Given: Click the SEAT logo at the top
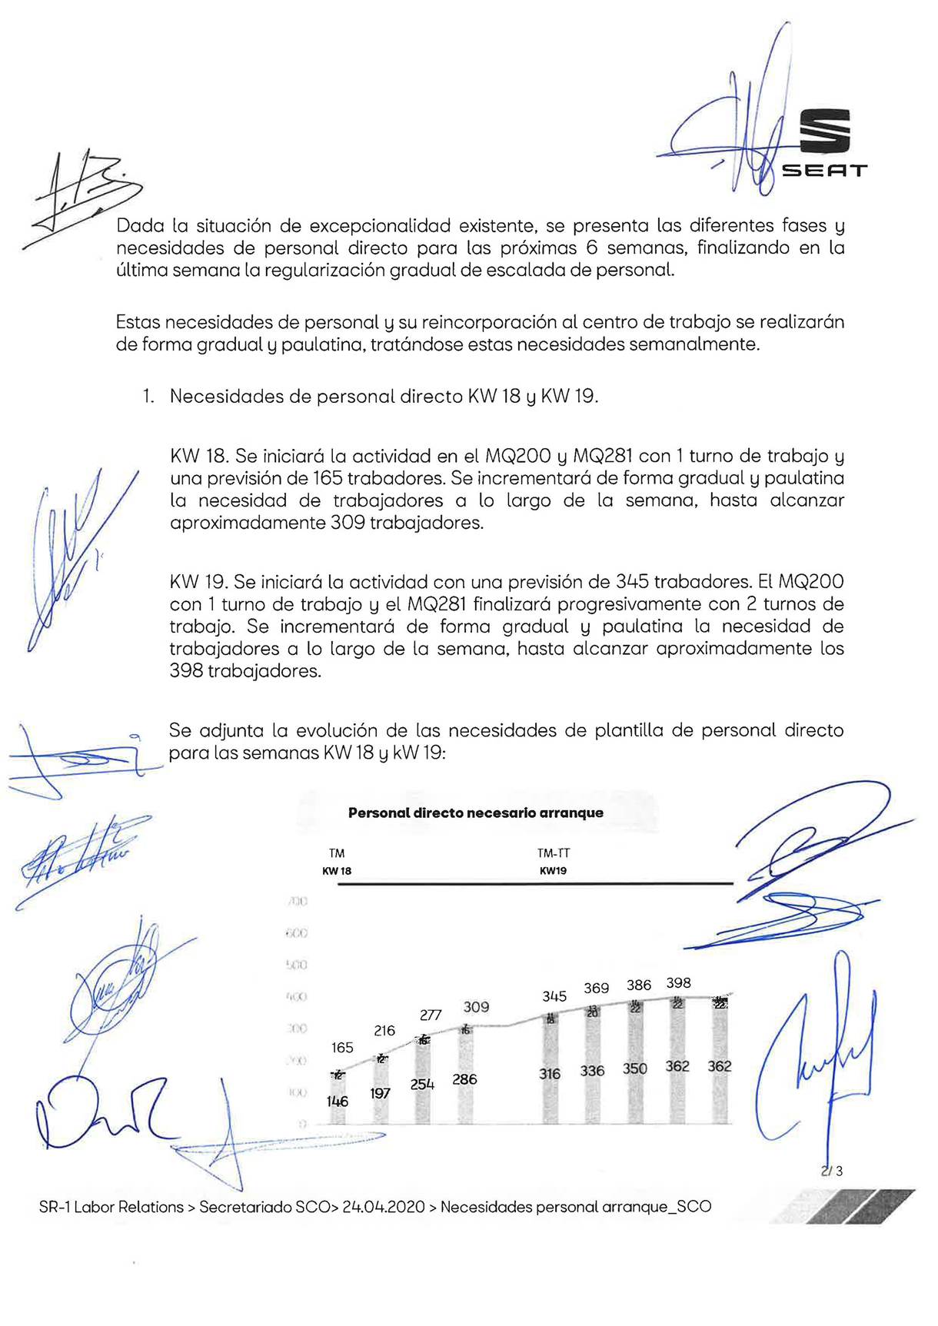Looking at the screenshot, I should (824, 144).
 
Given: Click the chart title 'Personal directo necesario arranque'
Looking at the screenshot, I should (475, 813).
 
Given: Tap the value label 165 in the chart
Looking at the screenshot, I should (342, 1048).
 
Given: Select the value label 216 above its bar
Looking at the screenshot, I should (384, 1030).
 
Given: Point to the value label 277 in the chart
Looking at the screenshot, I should (431, 1015).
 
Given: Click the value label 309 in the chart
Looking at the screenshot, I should (476, 1006).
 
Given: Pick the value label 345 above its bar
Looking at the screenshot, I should (554, 996).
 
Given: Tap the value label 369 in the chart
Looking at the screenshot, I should (597, 988).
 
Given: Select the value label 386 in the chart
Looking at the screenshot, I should (639, 985).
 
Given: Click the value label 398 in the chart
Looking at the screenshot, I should (679, 982).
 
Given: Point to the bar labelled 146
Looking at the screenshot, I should (338, 1099).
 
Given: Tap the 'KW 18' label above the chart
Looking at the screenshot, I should (337, 871).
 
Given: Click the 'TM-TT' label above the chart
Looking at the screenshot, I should (554, 853).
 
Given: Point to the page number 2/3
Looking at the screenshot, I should (832, 1171).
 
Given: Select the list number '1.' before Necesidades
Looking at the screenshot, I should (148, 397).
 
